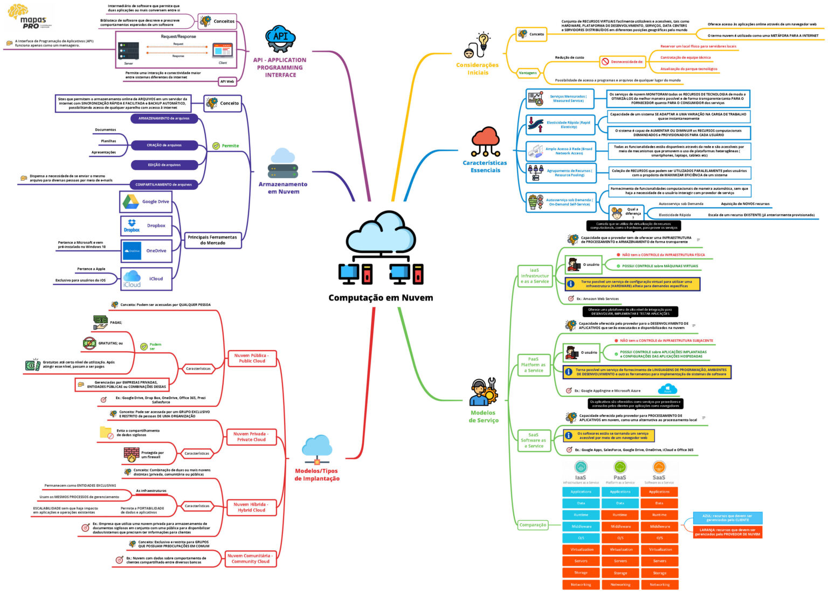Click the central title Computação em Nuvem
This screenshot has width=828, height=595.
pyautogui.click(x=381, y=298)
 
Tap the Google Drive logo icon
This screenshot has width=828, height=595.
pyautogui.click(x=130, y=202)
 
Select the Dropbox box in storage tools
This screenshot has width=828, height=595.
pyautogui.click(x=146, y=226)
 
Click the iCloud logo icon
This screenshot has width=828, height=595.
pyautogui.click(x=132, y=279)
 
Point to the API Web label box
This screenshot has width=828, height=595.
pyautogui.click(x=227, y=81)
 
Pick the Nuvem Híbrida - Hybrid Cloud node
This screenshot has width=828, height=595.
pyautogui.click(x=251, y=507)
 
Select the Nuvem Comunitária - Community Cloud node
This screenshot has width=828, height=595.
pyautogui.click(x=250, y=558)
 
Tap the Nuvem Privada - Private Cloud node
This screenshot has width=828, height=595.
pyautogui.click(x=251, y=436)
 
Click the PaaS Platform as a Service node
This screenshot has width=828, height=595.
pyautogui.click(x=533, y=364)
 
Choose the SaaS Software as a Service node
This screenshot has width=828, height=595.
pyautogui.click(x=533, y=440)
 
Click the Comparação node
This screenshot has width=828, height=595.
pyautogui.click(x=533, y=524)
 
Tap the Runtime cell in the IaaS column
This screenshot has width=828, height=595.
pyautogui.click(x=581, y=515)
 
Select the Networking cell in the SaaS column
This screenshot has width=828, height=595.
pyautogui.click(x=659, y=584)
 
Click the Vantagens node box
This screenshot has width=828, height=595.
pyautogui.click(x=528, y=72)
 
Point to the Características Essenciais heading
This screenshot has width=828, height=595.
pyautogui.click(x=485, y=166)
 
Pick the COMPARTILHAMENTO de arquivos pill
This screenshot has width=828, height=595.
pyautogui.click(x=163, y=184)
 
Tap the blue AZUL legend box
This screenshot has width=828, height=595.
pyautogui.click(x=727, y=518)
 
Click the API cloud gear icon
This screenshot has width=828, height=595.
pyautogui.click(x=281, y=38)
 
